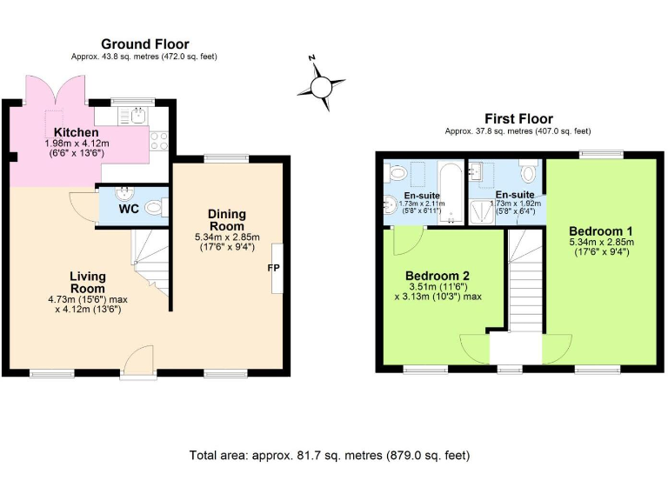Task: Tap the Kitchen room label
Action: (76, 132)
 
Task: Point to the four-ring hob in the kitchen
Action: (159, 140)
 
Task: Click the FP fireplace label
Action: (273, 268)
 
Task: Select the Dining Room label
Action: (227, 219)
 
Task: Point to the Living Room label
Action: (88, 282)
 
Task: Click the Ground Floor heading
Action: (145, 44)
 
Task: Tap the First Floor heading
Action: (518, 119)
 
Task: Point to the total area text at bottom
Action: (330, 455)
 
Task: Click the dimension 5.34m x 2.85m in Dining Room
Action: (227, 236)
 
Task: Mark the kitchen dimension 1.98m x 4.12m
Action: (74, 143)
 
